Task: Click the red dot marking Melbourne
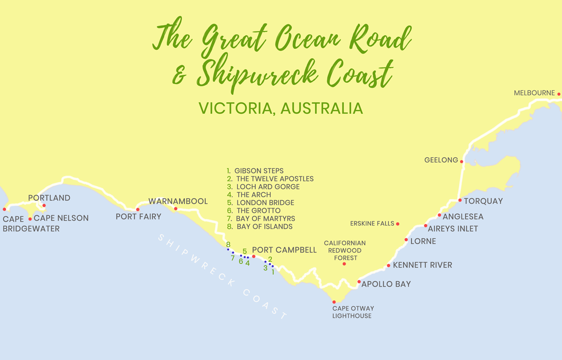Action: [559, 94]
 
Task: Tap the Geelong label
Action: [441, 160]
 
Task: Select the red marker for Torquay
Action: [460, 200]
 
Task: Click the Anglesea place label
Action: [463, 217]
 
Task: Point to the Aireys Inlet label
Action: [453, 229]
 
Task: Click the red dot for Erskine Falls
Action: [398, 224]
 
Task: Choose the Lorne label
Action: [423, 241]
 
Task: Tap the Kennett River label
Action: [422, 265]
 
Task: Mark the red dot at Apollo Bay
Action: [359, 282]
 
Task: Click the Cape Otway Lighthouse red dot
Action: [334, 302]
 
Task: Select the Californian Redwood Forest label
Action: [345, 250]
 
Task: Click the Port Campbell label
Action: [284, 250]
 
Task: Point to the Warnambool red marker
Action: [176, 209]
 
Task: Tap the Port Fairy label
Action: [139, 217]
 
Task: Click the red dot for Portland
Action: [44, 205]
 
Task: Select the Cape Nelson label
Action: [61, 218]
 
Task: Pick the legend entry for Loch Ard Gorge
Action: [267, 187]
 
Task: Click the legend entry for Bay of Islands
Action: [264, 226]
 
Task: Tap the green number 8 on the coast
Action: [228, 245]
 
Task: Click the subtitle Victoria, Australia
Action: [281, 108]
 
